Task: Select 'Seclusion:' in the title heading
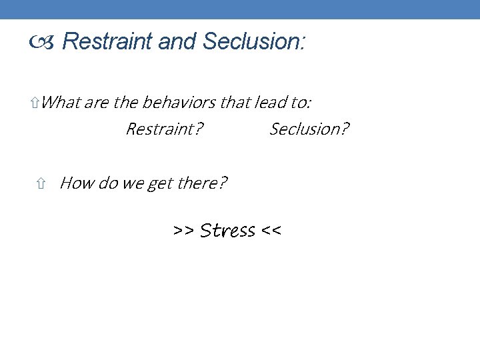(x=254, y=42)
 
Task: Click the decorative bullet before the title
(x=43, y=43)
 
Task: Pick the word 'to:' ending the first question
(x=301, y=103)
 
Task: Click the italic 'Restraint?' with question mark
(x=165, y=129)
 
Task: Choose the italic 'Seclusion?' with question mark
(x=309, y=129)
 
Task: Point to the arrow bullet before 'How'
(x=41, y=183)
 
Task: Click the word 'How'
(x=77, y=183)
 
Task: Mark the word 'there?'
(x=202, y=183)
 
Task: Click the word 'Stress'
(x=227, y=231)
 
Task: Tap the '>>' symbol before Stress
(x=183, y=231)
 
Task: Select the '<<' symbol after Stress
(x=271, y=231)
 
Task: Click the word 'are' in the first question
(x=97, y=103)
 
